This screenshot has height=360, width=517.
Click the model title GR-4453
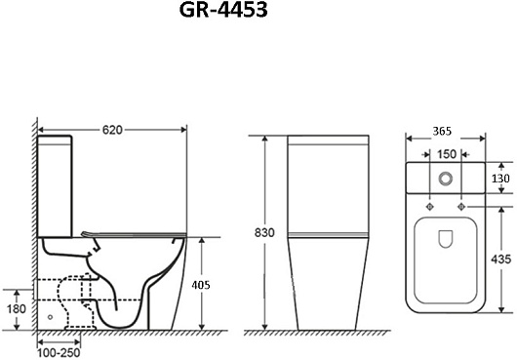pos(223,10)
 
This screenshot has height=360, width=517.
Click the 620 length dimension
pos(112,130)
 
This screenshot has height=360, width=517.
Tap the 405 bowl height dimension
pos(201,285)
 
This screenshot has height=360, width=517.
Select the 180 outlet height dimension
pos(17,309)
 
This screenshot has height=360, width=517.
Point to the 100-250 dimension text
pos(59,353)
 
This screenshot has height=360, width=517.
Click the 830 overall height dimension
pos(264,233)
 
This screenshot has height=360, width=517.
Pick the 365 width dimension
pos(442,131)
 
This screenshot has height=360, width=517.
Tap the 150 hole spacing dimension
pos(447,154)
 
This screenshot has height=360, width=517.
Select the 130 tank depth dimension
pos(500,179)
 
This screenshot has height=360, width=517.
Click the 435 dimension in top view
pos(500,260)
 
